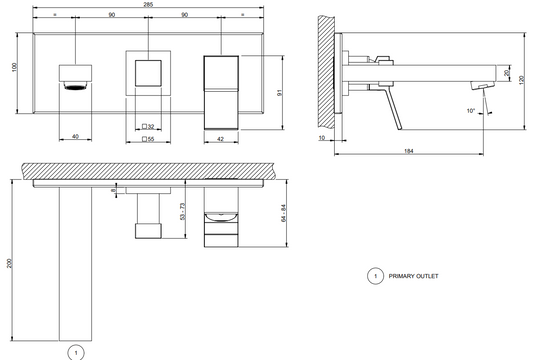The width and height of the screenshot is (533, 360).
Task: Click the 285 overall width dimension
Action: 148,4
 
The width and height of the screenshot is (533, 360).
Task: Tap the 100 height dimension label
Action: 14,67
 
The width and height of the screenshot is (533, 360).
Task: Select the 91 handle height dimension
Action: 280,92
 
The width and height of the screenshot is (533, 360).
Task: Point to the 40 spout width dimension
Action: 75,136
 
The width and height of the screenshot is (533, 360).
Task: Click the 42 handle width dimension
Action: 221,139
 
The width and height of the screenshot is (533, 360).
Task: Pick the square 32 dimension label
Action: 148,126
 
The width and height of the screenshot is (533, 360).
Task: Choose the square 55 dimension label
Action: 148,139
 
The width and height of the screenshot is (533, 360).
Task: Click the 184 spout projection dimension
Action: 409,151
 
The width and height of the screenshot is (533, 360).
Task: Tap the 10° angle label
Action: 471,111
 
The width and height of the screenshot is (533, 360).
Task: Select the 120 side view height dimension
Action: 522,81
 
